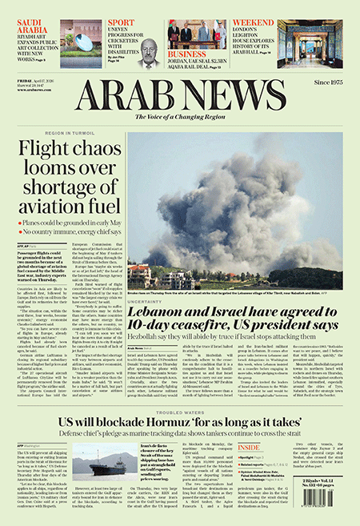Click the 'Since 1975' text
324,81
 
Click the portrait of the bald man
148,52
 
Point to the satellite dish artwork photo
82,40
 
